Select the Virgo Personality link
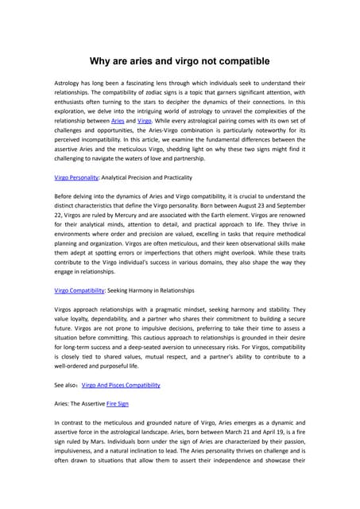tap(75, 177)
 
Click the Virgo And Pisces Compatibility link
tap(121, 384)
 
